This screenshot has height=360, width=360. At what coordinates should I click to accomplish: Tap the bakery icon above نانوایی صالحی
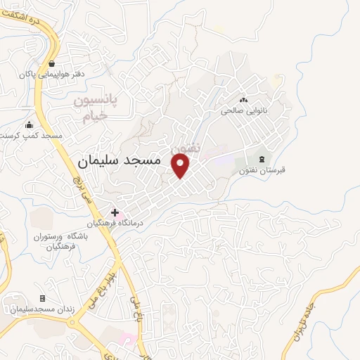coord(245,100)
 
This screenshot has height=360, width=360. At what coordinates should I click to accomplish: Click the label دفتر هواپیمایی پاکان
coord(51,73)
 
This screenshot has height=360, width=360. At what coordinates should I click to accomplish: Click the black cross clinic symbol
coord(115,212)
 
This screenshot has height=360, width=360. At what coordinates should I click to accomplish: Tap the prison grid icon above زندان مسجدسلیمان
coord(42,299)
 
